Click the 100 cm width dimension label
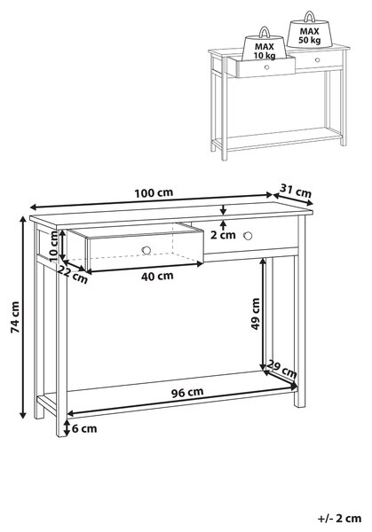point(154,193)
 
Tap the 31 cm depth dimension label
point(296,191)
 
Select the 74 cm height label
point(15,317)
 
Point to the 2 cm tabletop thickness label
point(223,235)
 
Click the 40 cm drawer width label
point(157,276)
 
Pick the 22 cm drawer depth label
point(72,274)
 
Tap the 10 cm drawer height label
point(54,246)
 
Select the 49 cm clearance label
point(255,314)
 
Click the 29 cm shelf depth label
point(281,369)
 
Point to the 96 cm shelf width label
point(187,393)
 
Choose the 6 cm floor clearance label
point(84,428)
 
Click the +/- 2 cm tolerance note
point(339,519)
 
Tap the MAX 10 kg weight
point(265,48)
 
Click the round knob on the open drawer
point(146,250)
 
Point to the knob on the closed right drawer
point(248,236)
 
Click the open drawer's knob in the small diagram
point(266,67)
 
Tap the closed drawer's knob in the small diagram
point(317,60)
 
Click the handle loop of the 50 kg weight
point(310,16)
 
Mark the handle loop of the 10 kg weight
point(264,32)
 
